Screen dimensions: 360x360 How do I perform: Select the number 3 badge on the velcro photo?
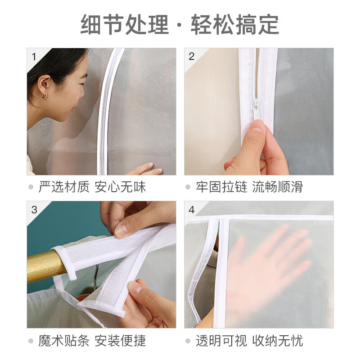coord(34,209)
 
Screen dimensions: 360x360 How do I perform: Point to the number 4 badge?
coord(192,209)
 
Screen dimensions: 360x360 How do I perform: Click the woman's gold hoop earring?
coord(44,95)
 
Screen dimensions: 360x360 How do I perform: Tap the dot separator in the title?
coord(180,25)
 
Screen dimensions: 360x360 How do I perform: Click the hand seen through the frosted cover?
coord(270,261)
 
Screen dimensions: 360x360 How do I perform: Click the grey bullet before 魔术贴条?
coord(31,341)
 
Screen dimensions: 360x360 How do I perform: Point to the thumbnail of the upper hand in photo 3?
coord(121,230)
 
